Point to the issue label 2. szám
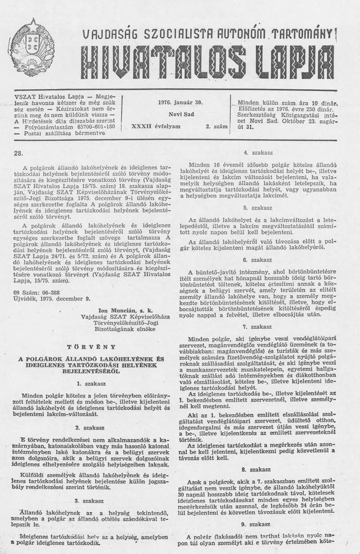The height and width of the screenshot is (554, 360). [215, 127]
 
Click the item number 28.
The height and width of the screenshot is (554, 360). [18, 153]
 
